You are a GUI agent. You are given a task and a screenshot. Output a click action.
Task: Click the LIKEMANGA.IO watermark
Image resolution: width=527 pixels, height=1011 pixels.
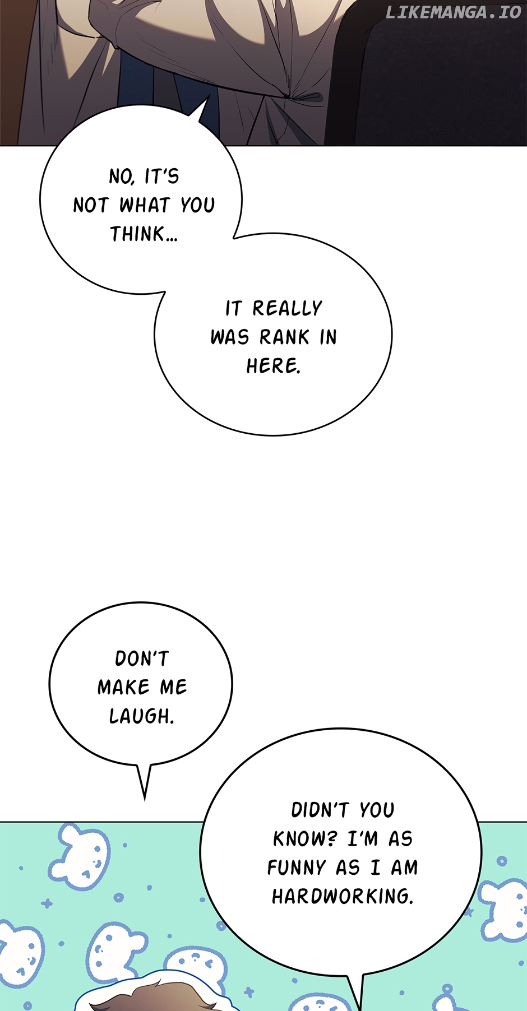point(453,12)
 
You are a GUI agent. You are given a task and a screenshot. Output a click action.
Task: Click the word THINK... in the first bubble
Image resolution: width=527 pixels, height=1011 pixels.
point(144,234)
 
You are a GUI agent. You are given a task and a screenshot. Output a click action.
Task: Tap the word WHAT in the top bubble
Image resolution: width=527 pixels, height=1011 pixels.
point(144,205)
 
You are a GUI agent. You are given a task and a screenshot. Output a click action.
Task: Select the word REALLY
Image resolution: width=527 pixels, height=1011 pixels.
point(287,308)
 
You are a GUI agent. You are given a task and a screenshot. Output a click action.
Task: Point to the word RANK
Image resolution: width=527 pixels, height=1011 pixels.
point(284,337)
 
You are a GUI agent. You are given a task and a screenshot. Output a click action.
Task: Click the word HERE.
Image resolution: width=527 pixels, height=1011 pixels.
point(274,367)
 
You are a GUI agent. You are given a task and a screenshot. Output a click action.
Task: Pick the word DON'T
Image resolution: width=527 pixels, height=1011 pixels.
point(142,658)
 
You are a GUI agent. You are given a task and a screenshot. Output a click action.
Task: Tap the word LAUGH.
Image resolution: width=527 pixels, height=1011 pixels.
point(141,716)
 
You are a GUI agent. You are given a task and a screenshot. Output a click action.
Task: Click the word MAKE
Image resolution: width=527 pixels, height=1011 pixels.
point(124,688)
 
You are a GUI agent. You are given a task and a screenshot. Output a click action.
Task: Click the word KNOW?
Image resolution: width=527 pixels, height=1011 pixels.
point(305,839)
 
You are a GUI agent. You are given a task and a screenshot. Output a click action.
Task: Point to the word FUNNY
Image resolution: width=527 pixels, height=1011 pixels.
point(297,868)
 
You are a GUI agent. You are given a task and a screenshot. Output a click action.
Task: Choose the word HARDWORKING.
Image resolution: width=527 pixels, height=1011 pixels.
point(343,897)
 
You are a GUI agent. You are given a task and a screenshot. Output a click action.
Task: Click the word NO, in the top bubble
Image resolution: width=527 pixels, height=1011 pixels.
point(122,177)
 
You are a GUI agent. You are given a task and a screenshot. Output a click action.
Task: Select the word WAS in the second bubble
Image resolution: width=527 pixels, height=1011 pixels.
point(229,337)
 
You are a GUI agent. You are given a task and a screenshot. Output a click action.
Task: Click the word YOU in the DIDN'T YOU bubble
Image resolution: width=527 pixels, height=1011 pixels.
point(377,810)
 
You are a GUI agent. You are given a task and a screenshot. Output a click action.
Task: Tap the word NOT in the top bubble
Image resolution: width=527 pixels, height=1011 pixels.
point(90,205)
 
